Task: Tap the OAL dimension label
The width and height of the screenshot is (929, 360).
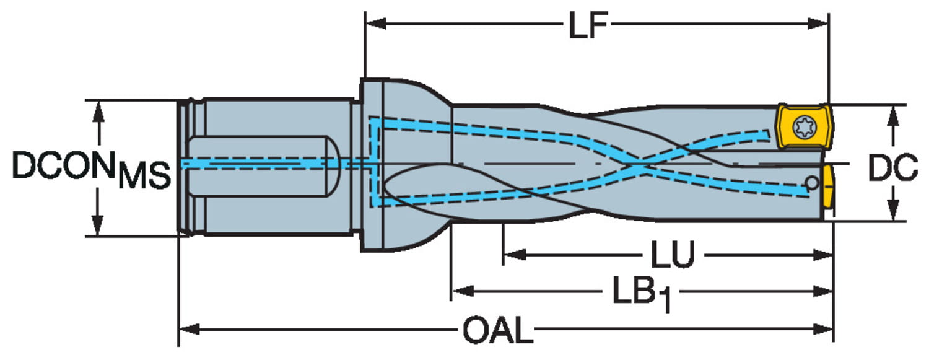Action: (498, 330)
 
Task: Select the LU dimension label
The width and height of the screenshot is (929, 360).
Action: (672, 254)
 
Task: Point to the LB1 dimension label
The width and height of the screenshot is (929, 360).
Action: (642, 294)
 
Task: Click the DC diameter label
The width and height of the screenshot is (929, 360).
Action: (893, 167)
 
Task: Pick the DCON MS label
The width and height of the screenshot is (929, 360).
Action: (91, 169)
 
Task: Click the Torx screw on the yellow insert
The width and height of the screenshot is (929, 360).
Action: (804, 126)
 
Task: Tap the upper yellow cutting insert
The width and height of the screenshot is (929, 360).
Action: (804, 126)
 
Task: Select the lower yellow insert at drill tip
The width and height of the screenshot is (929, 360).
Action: (829, 187)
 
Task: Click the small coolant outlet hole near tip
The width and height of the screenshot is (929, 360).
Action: (811, 183)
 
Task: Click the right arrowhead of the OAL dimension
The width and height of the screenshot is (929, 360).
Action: (823, 330)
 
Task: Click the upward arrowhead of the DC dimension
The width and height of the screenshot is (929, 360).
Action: (893, 116)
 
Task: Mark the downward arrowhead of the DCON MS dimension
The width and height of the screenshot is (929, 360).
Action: (97, 226)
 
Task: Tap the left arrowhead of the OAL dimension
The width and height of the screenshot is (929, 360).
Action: (190, 330)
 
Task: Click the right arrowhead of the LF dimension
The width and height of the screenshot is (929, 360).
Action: (818, 24)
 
